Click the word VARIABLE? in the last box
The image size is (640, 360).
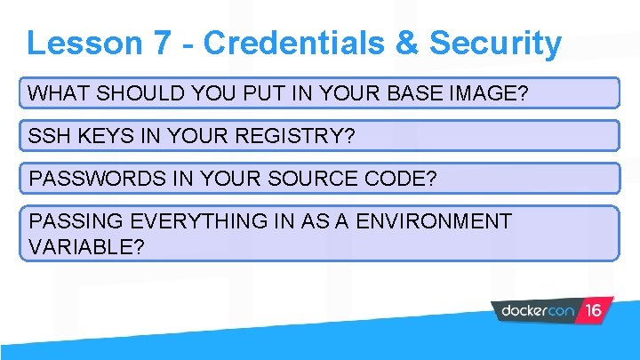click(x=86, y=245)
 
